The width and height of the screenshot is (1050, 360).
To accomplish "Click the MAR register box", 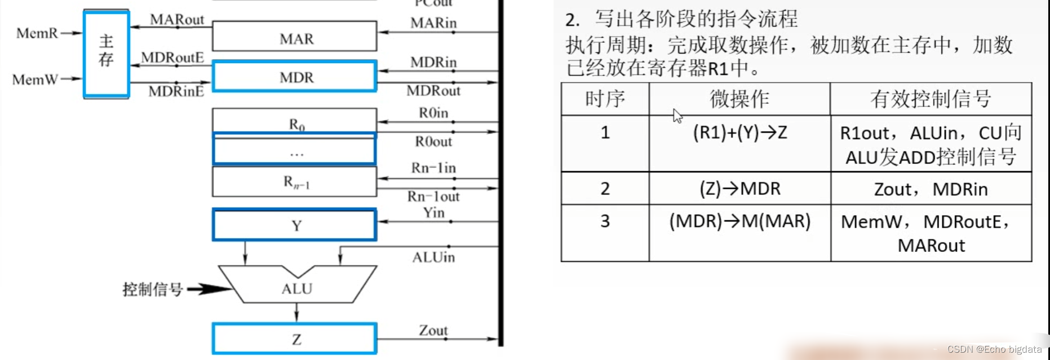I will tap(294, 37).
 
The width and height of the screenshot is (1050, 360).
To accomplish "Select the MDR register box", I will tap(294, 76).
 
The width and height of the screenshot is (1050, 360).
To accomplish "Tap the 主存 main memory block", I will tap(107, 54).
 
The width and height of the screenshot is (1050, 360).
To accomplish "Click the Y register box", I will tap(294, 225).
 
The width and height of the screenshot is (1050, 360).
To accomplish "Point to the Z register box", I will tap(294, 339).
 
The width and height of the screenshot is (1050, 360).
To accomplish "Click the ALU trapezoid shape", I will tap(297, 286).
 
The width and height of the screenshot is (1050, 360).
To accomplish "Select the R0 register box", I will tap(294, 121).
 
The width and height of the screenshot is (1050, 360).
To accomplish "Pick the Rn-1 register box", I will tap(294, 181).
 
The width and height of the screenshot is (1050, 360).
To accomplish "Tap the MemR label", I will tap(37, 33).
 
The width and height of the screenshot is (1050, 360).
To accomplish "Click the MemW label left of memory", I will tap(35, 79).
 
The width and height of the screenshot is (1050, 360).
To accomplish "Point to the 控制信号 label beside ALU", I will tap(153, 290).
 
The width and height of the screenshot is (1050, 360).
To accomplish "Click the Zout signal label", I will tap(433, 330).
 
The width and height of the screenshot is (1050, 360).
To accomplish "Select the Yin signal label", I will tap(433, 212).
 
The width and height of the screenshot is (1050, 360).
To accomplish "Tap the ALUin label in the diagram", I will tap(433, 257).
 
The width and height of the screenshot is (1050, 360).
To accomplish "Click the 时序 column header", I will tap(605, 99).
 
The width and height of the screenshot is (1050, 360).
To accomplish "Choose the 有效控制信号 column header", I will tap(931, 99).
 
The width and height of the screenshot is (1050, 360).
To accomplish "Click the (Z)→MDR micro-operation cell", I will tap(739, 188).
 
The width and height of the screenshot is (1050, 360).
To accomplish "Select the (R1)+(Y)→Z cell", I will tap(739, 133).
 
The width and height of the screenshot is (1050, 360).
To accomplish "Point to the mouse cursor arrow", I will tap(677, 115).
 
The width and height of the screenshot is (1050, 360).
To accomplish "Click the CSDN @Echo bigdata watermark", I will tap(994, 349).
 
